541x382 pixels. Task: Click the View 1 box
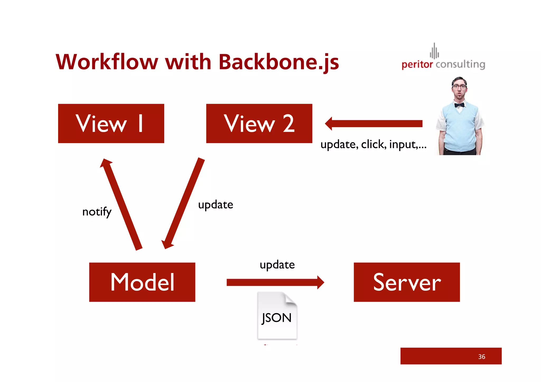111,123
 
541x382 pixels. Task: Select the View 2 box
259,123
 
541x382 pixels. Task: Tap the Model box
142,282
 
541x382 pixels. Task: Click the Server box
407,282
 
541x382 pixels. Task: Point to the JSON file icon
277,315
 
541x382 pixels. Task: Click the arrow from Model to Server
275,282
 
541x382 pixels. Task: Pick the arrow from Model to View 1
122,205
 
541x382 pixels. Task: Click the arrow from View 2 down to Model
184,203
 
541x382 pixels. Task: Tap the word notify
97,212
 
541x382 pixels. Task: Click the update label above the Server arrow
277,265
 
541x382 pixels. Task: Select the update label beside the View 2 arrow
216,205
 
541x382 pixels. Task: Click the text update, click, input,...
373,144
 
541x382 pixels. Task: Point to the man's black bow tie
459,105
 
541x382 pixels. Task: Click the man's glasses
459,86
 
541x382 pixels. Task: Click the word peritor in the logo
417,64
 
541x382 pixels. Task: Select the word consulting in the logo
460,64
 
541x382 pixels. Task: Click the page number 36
481,357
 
